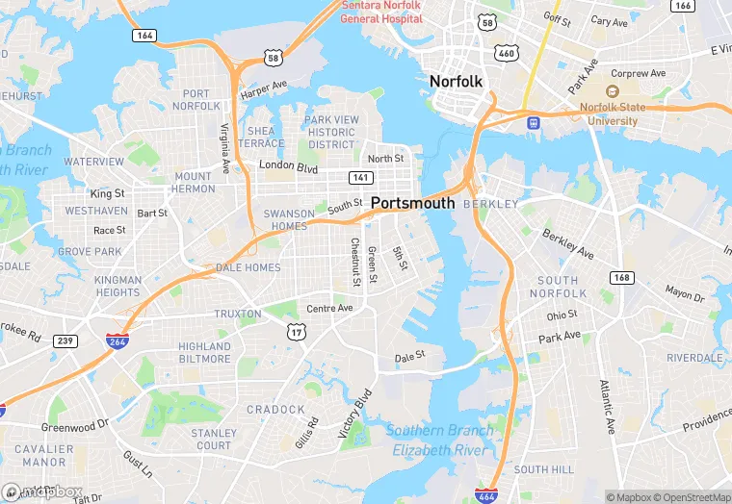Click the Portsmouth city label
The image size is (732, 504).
(412, 203)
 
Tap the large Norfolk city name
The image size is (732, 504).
(456, 82)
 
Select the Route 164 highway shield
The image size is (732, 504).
(144, 35)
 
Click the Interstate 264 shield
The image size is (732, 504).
(116, 341)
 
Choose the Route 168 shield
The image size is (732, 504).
(622, 277)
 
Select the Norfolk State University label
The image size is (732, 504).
(608, 114)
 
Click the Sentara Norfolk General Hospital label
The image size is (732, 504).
(383, 11)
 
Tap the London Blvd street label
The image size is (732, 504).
(288, 166)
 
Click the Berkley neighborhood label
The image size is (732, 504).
(490, 205)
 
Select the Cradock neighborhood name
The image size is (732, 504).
(274, 409)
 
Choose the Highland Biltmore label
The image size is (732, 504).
(204, 352)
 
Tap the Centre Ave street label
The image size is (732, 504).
(329, 308)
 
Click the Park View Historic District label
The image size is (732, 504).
(331, 133)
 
